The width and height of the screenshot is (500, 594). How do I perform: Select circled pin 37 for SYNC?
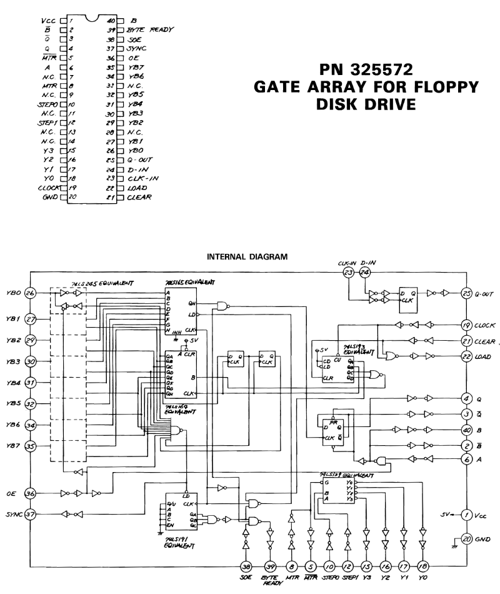click(29, 515)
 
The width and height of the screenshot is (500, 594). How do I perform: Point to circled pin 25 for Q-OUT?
click(466, 293)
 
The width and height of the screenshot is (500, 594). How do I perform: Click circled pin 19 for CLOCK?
click(466, 325)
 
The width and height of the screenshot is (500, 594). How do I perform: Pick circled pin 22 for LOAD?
click(466, 356)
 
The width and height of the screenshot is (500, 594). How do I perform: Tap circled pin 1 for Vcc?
click(466, 515)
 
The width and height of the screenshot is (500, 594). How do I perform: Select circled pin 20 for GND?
click(466, 538)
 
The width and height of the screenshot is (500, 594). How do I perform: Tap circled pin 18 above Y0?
click(424, 566)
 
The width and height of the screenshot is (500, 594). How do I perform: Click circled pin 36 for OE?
click(29, 493)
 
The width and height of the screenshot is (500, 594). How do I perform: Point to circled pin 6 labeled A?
click(466, 459)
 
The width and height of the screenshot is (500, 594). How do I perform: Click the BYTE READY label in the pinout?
click(151, 29)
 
